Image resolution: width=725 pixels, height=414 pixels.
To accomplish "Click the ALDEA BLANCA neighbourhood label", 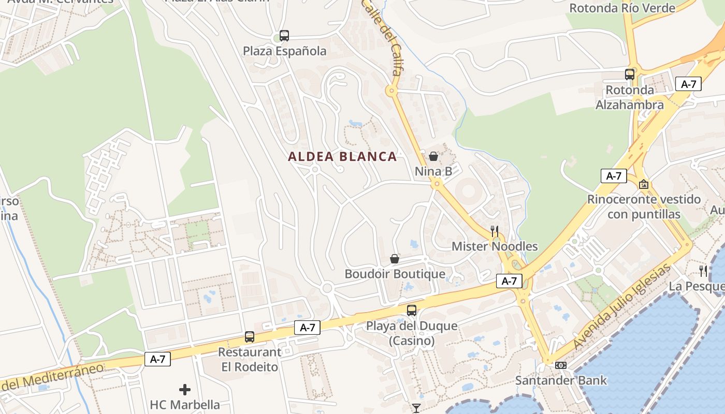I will [x=342, y=156].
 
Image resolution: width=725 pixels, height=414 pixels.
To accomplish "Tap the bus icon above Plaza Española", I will [x=284, y=36].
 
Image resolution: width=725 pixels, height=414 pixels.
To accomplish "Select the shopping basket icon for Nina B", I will [x=433, y=156].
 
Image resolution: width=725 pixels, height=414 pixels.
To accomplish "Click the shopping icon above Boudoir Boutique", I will [x=395, y=259].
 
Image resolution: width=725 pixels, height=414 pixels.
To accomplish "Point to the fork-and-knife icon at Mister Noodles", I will [x=495, y=231].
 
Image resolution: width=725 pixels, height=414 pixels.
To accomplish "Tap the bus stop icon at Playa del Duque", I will [x=412, y=310].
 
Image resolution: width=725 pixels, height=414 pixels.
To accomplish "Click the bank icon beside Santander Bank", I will [x=560, y=365].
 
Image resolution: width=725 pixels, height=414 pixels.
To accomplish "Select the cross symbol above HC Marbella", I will [x=185, y=389].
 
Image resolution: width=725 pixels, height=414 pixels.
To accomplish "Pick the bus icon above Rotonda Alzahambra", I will [x=630, y=75].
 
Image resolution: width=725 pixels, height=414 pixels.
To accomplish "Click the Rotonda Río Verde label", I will [x=622, y=8].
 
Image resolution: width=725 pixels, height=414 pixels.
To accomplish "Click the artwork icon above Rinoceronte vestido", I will [x=644, y=184].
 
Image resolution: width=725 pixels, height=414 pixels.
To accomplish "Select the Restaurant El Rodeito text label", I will [x=250, y=359].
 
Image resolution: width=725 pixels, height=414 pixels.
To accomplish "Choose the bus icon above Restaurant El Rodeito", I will [x=250, y=337].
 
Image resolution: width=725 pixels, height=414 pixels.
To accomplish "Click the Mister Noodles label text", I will [x=495, y=246].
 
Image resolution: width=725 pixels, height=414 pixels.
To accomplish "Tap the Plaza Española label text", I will [x=285, y=51].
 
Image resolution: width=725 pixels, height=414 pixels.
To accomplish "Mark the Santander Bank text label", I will [x=560, y=380].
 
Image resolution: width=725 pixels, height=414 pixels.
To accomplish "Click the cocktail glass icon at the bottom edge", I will [x=416, y=408].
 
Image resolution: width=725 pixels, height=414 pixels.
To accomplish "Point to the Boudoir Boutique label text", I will [x=395, y=274].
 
